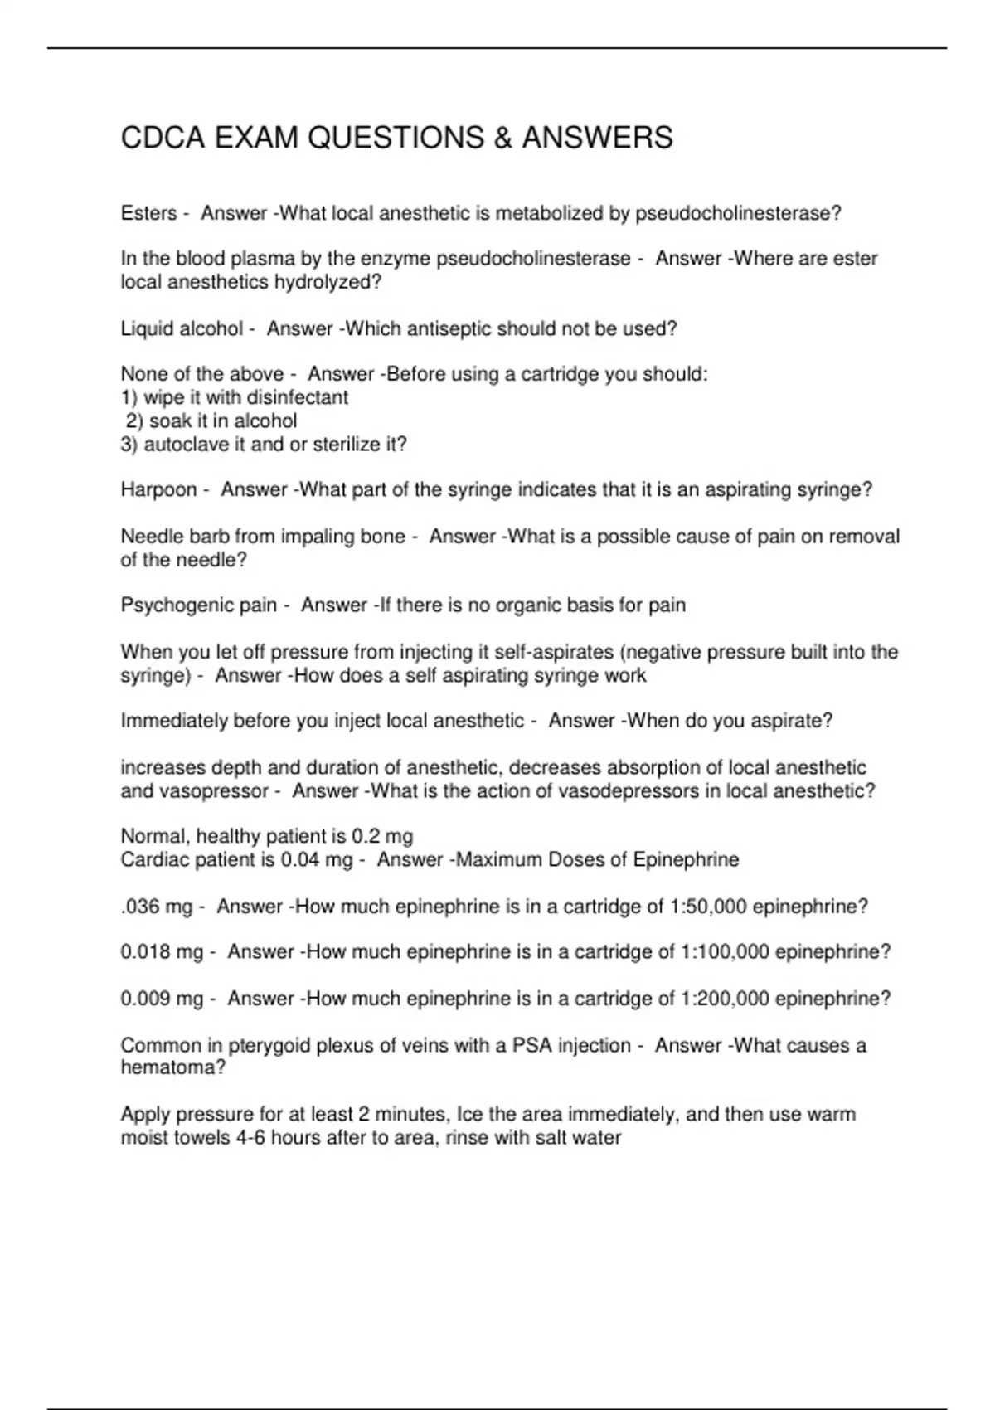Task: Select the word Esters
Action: [148, 214]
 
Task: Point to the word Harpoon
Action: [158, 490]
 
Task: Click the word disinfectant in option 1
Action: [298, 398]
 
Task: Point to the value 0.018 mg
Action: [162, 952]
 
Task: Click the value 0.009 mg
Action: [162, 999]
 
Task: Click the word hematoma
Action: [172, 1068]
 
